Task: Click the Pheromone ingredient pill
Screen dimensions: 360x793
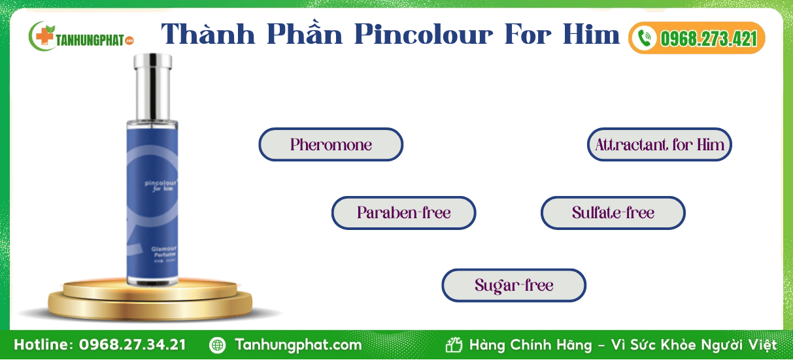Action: tap(331, 144)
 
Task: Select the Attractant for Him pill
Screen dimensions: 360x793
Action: tap(659, 144)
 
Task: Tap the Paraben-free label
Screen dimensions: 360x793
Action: tap(403, 213)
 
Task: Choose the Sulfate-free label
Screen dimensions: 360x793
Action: tap(613, 213)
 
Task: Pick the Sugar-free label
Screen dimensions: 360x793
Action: tap(514, 286)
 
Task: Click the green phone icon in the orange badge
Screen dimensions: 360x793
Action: tap(645, 38)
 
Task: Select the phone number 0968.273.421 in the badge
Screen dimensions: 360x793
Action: tap(708, 39)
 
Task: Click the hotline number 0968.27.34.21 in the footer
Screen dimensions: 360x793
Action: tap(133, 344)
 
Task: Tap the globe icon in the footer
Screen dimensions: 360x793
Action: tap(218, 345)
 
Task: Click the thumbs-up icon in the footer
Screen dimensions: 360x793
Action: tap(454, 344)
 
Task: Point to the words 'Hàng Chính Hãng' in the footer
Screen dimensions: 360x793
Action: tap(528, 344)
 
